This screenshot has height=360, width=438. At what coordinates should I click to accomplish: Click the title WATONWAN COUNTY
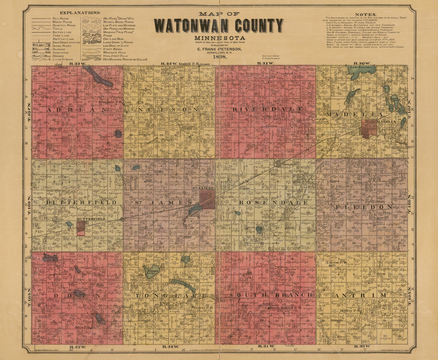coord(219,26)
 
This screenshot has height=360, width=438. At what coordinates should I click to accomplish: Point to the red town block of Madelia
coord(369,129)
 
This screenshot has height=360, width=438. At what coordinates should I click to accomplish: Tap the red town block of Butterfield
coord(81,228)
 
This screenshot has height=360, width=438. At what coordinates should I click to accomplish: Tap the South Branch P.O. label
coord(285,307)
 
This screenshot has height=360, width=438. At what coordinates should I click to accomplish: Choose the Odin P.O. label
coord(83,327)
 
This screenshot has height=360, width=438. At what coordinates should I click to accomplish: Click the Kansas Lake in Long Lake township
coord(151,272)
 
